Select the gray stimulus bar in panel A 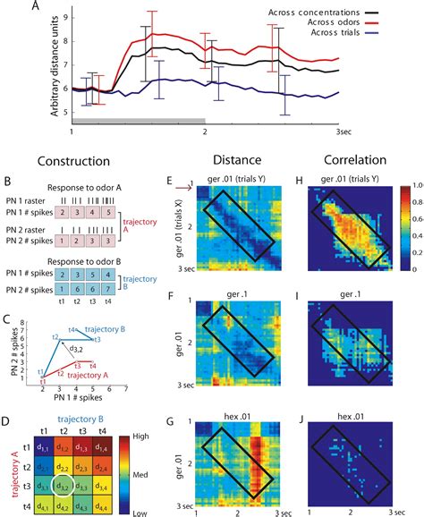(x=139, y=120)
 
